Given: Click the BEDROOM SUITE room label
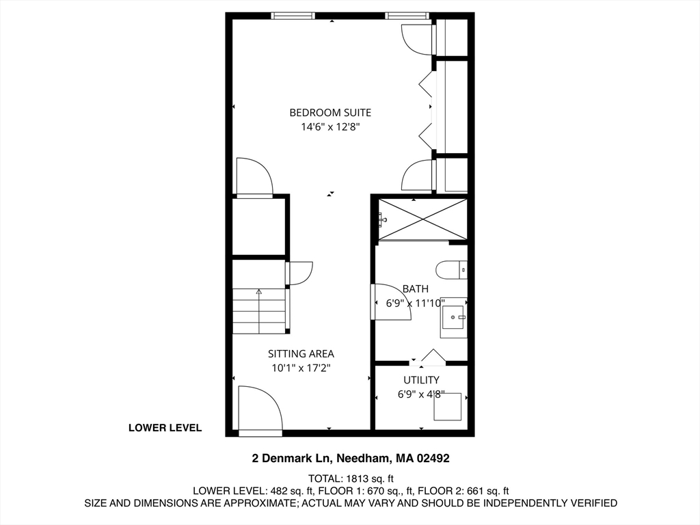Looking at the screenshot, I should click(x=330, y=112).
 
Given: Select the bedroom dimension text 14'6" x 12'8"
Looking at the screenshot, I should click(x=330, y=126).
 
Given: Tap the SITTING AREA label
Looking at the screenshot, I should click(x=301, y=353).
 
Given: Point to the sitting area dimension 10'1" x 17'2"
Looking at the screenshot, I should click(x=301, y=368).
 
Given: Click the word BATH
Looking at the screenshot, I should click(x=416, y=289).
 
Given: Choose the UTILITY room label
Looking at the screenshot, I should click(x=421, y=379).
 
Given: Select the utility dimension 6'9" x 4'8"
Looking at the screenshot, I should click(x=421, y=394).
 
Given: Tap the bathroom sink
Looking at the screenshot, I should click(x=453, y=317).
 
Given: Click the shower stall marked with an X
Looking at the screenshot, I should click(x=423, y=219).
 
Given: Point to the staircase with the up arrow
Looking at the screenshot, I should click(x=259, y=311).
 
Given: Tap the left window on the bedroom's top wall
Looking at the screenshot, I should click(x=293, y=15).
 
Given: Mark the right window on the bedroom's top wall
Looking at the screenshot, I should click(x=406, y=15).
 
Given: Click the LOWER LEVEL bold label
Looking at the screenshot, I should click(x=165, y=428).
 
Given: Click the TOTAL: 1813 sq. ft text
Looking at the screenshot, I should click(x=351, y=479).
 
